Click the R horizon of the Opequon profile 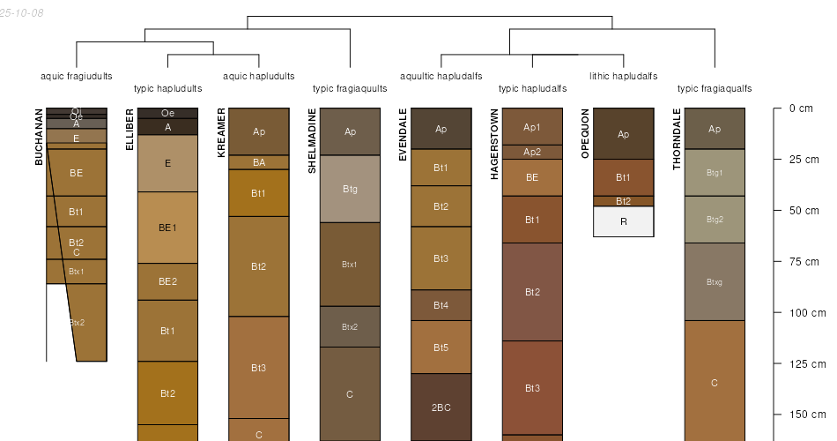pos(623,221)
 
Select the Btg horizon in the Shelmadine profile pos(350,189)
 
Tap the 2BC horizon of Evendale pos(441,407)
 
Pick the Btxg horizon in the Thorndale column pos(715,281)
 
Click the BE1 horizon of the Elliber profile pos(167,227)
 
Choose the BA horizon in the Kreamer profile pos(259,162)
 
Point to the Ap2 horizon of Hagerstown pos(532,152)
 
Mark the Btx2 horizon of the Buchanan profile pos(78,322)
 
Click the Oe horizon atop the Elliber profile pos(167,113)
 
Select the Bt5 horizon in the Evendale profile pos(441,348)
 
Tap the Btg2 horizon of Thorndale pos(715,219)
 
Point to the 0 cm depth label pos(801,108)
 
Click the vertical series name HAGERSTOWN pos(495,145)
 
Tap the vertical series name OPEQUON pos(586,134)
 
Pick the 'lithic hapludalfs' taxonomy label pos(623,76)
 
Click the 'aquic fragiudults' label pos(77,76)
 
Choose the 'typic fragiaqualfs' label pos(715,88)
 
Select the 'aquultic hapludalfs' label pos(441,76)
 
